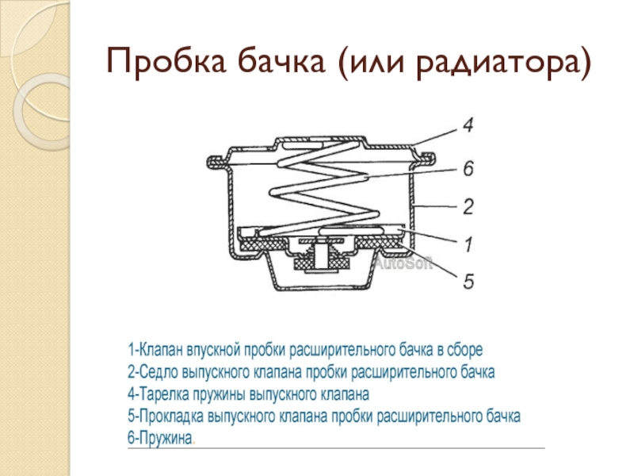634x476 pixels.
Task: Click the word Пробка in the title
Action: coord(166,62)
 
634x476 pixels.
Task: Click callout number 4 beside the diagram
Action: coord(468,125)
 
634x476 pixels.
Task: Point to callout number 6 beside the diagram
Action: coord(468,168)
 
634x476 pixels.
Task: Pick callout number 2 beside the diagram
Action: coord(468,206)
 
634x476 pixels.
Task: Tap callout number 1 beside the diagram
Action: coord(468,244)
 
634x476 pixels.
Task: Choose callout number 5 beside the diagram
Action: coord(468,282)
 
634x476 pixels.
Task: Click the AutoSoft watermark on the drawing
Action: coord(403,263)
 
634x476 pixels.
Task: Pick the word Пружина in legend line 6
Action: coord(166,439)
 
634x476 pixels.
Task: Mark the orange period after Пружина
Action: coord(194,443)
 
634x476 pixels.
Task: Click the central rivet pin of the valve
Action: coord(322,255)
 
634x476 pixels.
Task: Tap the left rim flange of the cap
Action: coord(217,162)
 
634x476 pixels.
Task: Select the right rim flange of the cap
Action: coord(426,159)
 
